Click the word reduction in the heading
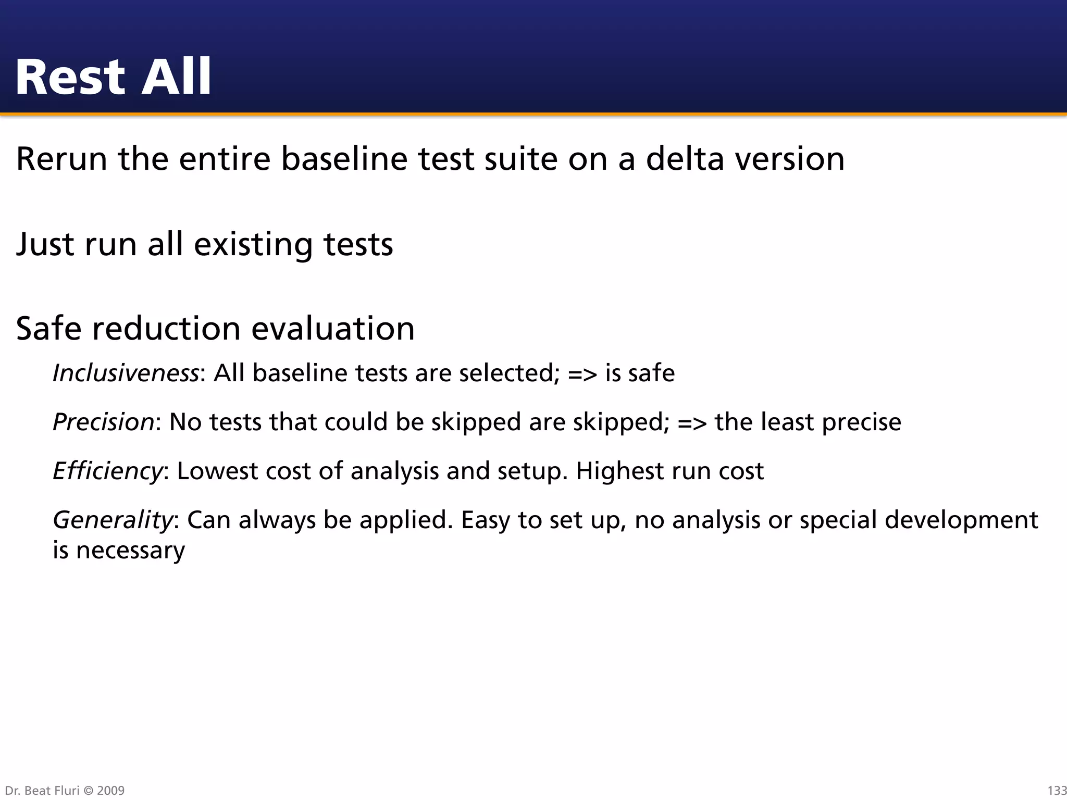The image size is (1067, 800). pyautogui.click(x=166, y=329)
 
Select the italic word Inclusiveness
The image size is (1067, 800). pyautogui.click(x=126, y=373)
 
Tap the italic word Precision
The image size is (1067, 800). pyautogui.click(x=104, y=422)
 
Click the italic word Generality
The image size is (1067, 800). pyautogui.click(x=113, y=520)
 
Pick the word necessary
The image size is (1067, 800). pyautogui.click(x=130, y=551)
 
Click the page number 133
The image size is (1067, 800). pyautogui.click(x=1057, y=791)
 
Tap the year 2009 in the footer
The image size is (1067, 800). pyautogui.click(x=111, y=791)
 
